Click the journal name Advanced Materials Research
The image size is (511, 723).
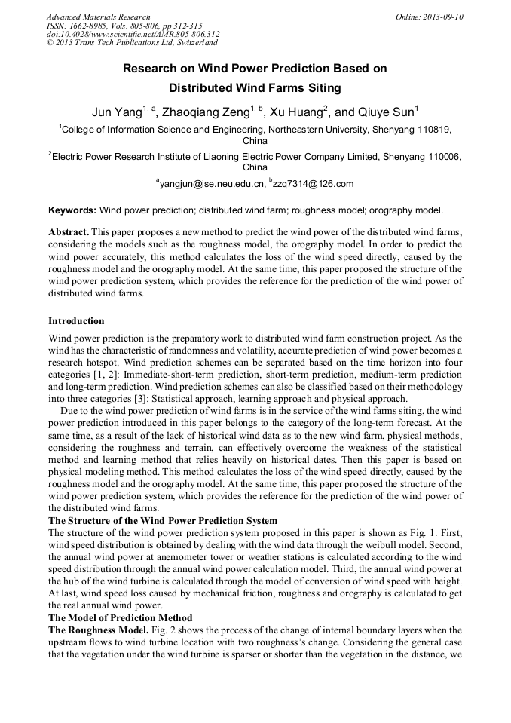click(x=98, y=17)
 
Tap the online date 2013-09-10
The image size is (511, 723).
click(x=442, y=17)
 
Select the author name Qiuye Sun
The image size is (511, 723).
click(x=384, y=112)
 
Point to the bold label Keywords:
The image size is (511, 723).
click(x=72, y=210)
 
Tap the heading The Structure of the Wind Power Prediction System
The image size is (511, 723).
click(x=163, y=521)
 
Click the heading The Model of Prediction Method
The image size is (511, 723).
click(x=121, y=617)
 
